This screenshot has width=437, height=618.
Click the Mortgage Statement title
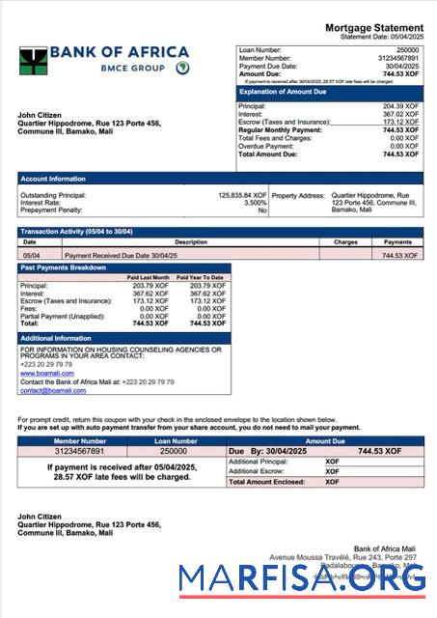pyautogui.click(x=373, y=27)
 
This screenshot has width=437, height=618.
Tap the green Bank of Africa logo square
pyautogui.click(x=32, y=62)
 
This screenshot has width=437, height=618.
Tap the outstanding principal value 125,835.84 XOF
pyautogui.click(x=238, y=195)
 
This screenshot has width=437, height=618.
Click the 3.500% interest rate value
pyautogui.click(x=255, y=203)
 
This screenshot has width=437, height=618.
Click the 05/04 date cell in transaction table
pyautogui.click(x=30, y=255)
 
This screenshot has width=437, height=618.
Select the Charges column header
pyautogui.click(x=345, y=242)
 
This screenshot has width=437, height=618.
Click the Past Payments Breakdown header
pyautogui.click(x=64, y=267)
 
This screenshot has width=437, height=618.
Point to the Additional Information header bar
pyautogui.click(x=56, y=338)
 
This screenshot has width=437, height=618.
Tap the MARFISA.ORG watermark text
pyautogui.click(x=302, y=578)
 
